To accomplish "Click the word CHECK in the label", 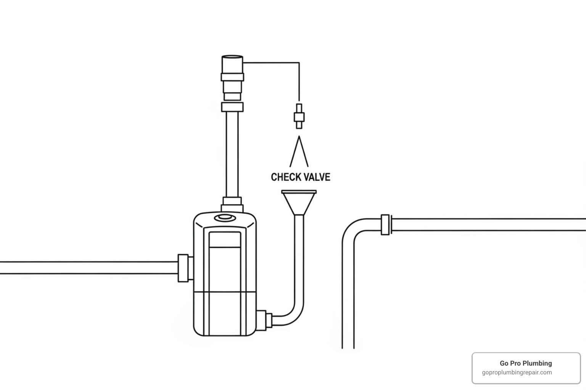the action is (x=284, y=177).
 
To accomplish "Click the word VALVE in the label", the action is (x=316, y=177).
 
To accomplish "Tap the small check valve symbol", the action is (x=299, y=116).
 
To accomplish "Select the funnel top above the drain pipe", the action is (x=299, y=203).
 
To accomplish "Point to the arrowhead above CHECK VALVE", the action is (x=299, y=151).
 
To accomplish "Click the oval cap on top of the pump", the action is (x=225, y=217).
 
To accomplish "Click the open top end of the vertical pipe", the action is (x=232, y=57).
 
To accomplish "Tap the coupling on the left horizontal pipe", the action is (x=183, y=268).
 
